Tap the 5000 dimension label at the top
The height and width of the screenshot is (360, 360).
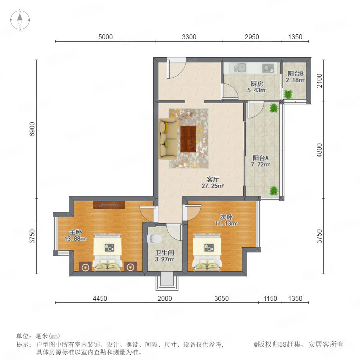pos(105,37)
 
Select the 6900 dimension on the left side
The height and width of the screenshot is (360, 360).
pos(32,129)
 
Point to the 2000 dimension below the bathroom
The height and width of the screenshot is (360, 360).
pos(165,298)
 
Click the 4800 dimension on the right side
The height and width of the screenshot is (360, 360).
pos(319,150)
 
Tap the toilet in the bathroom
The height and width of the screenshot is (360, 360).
pos(154,238)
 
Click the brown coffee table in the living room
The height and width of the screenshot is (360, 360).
pos(188,139)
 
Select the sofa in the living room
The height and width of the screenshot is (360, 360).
pos(168,138)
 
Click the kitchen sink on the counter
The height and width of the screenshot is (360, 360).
pos(240,68)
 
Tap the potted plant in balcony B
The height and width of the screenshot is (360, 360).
pos(288,94)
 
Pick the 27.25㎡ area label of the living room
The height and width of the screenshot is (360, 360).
pos(212,186)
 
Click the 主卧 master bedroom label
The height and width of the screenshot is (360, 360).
pos(76,232)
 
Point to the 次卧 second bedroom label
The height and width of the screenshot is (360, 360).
pos(226,217)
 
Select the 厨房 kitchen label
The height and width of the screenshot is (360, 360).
pos(257,84)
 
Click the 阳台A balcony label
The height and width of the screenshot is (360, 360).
pos(260,158)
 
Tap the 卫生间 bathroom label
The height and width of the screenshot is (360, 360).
pos(165,253)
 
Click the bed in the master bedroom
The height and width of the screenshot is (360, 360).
pos(108,252)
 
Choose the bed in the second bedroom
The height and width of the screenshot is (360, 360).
pos(208,252)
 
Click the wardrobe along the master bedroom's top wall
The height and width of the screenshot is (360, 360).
pos(109,205)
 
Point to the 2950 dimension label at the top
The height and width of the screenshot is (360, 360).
pos(252,37)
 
